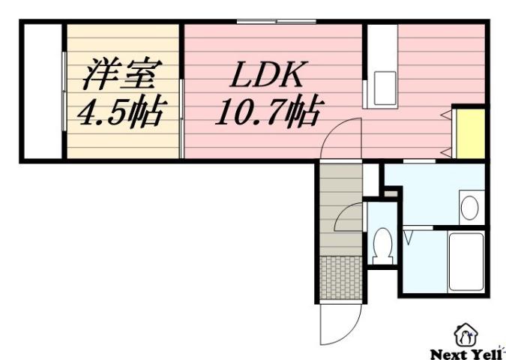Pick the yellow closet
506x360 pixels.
pos(471,133)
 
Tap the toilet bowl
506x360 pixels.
pos(383,244)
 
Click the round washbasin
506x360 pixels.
pos(470,208)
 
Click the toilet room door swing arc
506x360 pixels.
pos(349,217)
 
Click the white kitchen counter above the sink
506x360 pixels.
pos(382,49)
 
